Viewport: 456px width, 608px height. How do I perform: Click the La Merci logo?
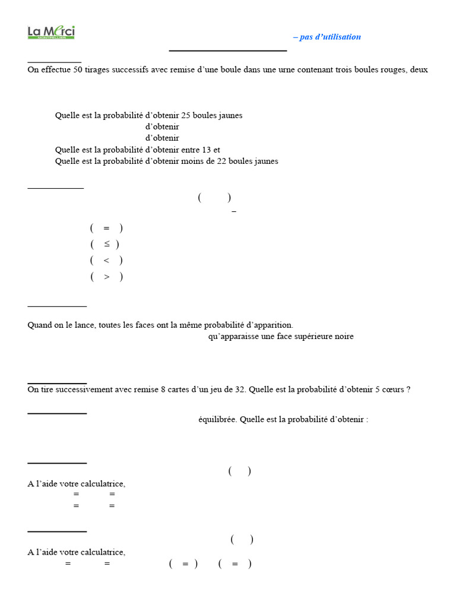[x=51, y=33]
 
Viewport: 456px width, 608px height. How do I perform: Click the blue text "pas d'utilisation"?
[x=330, y=37]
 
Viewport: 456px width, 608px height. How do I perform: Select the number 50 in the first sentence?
[x=78, y=69]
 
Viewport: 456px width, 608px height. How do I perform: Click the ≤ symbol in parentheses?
[x=106, y=244]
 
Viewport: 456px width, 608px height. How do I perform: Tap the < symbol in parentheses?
[x=106, y=260]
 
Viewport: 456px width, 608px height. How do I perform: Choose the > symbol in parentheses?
[x=106, y=277]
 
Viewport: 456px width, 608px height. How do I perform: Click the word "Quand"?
[x=40, y=325]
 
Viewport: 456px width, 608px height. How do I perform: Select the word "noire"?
[x=343, y=337]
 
